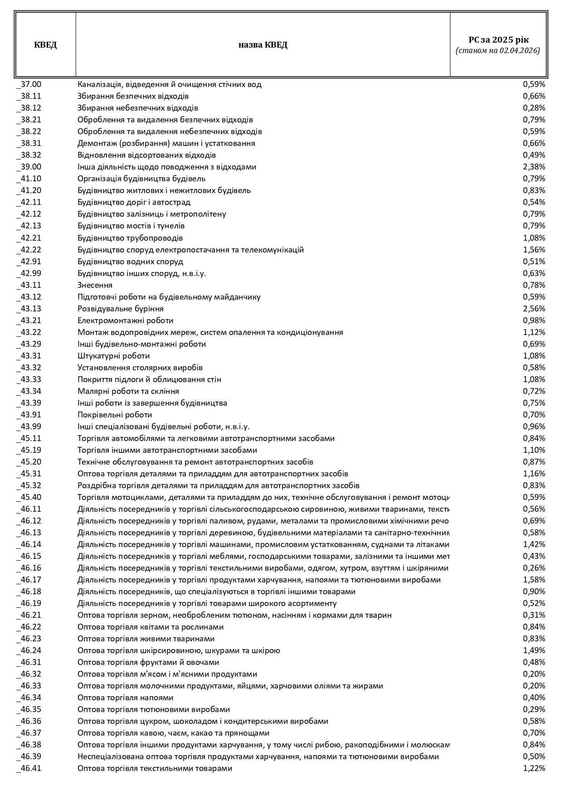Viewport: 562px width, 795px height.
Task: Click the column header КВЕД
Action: (x=45, y=45)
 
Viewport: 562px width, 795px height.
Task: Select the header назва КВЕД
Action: (x=263, y=45)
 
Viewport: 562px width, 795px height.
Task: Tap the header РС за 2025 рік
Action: (x=498, y=39)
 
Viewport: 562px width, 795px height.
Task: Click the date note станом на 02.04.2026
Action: (x=498, y=51)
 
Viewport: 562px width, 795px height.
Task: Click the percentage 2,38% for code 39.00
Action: (x=534, y=167)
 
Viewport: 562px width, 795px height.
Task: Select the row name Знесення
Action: (x=95, y=285)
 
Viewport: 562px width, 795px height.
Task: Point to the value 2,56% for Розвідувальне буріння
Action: (x=534, y=309)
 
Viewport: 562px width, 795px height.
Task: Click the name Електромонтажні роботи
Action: (x=125, y=320)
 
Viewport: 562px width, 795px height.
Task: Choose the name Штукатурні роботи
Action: (x=113, y=356)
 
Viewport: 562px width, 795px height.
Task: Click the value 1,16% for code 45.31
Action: (x=534, y=474)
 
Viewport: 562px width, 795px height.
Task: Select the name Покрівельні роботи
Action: (x=115, y=415)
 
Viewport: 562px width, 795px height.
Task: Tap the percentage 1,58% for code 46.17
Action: (x=534, y=580)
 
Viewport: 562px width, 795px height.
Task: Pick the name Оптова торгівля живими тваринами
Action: (x=146, y=639)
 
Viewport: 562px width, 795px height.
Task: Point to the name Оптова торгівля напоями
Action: (x=125, y=698)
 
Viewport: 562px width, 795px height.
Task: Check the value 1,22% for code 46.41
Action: (x=534, y=768)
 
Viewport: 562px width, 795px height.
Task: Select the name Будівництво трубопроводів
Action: (x=130, y=238)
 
